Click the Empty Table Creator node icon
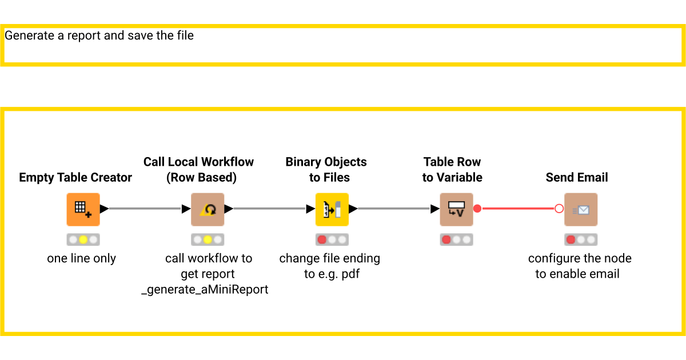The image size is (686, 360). tap(83, 209)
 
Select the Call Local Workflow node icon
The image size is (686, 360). tap(208, 209)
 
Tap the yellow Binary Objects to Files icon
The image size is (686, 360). tap(332, 209)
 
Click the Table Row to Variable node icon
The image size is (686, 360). tap(456, 209)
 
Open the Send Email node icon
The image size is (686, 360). tap(581, 209)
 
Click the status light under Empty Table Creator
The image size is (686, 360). tap(83, 239)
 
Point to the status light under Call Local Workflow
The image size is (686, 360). tap(208, 239)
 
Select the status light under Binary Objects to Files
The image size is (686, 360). tap(332, 239)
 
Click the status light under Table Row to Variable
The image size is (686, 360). tap(456, 239)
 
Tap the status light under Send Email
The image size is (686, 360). tap(581, 239)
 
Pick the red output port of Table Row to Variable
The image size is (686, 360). tap(477, 209)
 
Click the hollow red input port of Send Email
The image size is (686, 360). tap(559, 209)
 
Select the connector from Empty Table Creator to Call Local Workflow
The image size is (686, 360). tap(145, 209)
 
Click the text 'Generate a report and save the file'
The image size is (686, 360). tap(99, 35)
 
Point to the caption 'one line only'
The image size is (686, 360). tap(82, 258)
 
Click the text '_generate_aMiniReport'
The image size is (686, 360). tap(205, 289)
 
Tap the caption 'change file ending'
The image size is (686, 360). tap(329, 258)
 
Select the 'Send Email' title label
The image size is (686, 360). tap(577, 178)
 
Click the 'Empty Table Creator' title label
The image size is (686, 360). tap(75, 178)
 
